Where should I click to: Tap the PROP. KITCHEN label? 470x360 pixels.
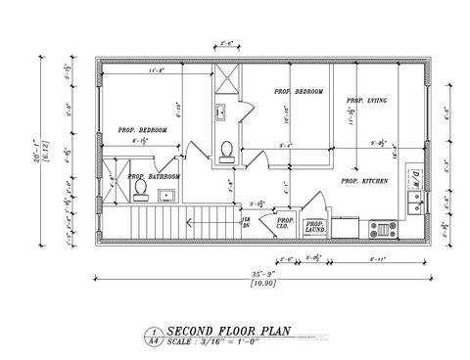pyautogui.click(x=361, y=181)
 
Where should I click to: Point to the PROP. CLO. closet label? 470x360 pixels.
pyautogui.click(x=285, y=224)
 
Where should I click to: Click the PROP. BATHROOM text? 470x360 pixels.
pyautogui.click(x=159, y=177)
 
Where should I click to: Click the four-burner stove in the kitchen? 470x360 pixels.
pyautogui.click(x=382, y=230)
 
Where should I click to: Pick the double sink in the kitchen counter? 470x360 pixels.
pyautogui.click(x=414, y=205)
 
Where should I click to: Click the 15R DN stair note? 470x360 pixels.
pyautogui.click(x=246, y=224)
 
